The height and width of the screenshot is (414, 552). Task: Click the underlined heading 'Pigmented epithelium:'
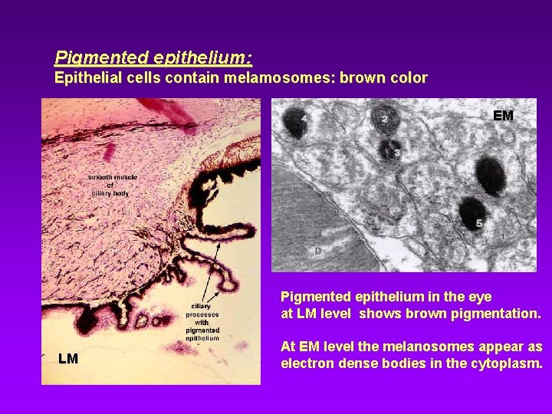point(153,57)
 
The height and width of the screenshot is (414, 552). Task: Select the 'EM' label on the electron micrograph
point(503,117)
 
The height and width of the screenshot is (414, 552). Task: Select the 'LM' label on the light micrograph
point(68,358)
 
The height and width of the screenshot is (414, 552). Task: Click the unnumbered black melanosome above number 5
point(488,175)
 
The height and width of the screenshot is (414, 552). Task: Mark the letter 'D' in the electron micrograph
point(317,251)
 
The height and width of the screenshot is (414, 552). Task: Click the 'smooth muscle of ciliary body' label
point(112,185)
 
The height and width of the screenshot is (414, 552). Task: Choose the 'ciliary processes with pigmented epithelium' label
point(202,321)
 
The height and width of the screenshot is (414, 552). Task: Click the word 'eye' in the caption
point(480,296)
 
